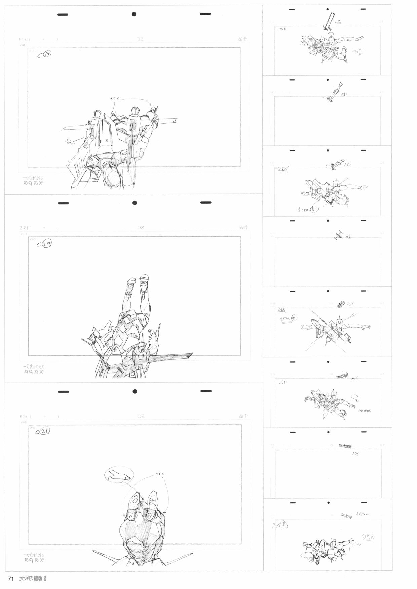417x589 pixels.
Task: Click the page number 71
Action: [x=10, y=579]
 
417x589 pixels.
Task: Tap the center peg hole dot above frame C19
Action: [x=134, y=14]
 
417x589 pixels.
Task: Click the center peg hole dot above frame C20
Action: [x=134, y=203]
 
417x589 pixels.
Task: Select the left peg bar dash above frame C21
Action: [x=63, y=391]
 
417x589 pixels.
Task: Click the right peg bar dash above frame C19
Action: [x=205, y=14]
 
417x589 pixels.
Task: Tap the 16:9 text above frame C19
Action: [x=23, y=40]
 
